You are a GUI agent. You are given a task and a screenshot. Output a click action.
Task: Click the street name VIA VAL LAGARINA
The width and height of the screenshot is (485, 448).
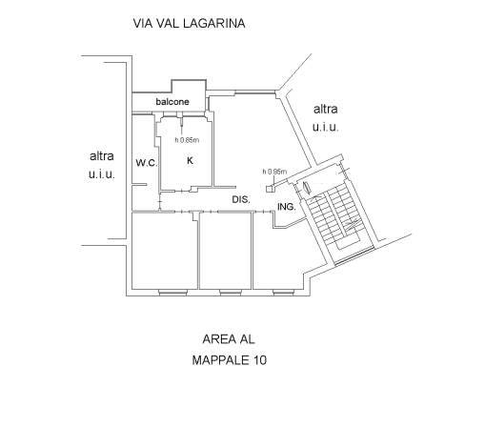point(189,24)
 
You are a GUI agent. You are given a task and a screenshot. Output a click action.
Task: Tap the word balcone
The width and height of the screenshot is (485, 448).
point(172,102)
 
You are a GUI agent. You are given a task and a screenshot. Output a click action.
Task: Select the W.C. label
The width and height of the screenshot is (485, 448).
point(147,163)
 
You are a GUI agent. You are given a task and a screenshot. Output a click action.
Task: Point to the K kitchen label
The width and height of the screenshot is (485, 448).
point(190,160)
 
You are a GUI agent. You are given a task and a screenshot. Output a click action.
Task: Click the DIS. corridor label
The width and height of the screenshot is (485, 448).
point(241,199)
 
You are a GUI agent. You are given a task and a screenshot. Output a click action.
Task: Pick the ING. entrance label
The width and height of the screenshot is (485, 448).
point(287,207)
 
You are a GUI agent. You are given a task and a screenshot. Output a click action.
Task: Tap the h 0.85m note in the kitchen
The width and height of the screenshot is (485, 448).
point(187,140)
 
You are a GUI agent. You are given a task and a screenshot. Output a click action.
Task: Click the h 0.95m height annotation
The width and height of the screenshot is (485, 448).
point(274,172)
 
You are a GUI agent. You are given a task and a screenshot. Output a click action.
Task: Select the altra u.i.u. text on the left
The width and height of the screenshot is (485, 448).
point(102,165)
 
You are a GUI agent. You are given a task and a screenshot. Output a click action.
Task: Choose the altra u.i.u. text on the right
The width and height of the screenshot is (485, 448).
point(326,118)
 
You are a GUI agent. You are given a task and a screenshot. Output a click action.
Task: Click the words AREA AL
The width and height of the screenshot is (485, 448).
point(229,339)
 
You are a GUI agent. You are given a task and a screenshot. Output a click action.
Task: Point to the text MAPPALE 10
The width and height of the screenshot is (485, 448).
point(230,360)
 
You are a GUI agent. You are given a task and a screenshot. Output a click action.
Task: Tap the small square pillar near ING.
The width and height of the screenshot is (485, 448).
point(270,189)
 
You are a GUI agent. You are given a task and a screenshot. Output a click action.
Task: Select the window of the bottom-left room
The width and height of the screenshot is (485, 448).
point(172,293)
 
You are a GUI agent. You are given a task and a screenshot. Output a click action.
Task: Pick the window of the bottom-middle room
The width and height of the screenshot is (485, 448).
point(230,293)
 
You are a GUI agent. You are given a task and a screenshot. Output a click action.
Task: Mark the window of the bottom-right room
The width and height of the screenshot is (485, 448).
point(284,293)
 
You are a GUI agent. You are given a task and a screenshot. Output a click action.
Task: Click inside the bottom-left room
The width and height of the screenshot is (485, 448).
point(165,251)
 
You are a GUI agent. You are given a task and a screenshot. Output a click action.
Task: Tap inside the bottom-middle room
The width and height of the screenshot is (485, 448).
point(226,251)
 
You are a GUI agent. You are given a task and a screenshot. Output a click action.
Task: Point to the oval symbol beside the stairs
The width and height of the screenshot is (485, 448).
point(307,188)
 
